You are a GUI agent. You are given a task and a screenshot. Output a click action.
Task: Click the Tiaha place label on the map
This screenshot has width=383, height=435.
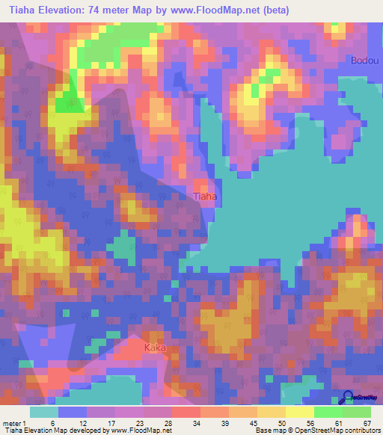pos(206,197)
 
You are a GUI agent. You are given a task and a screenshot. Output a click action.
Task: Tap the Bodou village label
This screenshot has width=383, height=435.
pos(364,61)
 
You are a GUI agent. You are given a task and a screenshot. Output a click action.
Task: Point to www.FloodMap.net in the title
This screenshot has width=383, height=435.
pos(216,10)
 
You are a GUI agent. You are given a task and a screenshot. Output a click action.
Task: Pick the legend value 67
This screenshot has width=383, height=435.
pos(367,422)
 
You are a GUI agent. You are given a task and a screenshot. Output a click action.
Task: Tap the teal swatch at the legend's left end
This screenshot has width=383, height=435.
pos(44,412)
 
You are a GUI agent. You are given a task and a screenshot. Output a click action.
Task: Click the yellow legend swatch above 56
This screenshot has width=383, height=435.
pos(299,412)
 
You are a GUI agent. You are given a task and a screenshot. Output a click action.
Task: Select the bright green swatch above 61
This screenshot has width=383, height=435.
pos(328,412)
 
